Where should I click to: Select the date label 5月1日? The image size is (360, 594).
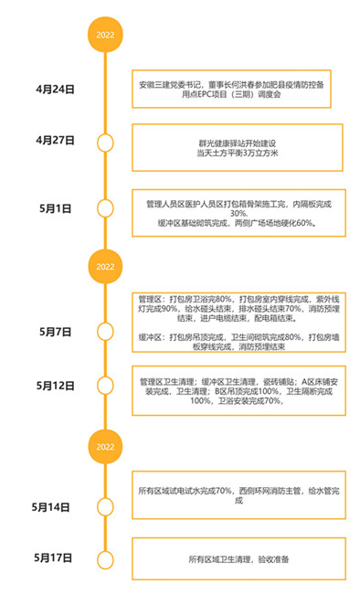[x=57, y=208]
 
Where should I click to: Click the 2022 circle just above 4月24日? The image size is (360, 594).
[x=105, y=35]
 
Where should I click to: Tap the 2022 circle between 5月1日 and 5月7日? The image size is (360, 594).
[x=105, y=266]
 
